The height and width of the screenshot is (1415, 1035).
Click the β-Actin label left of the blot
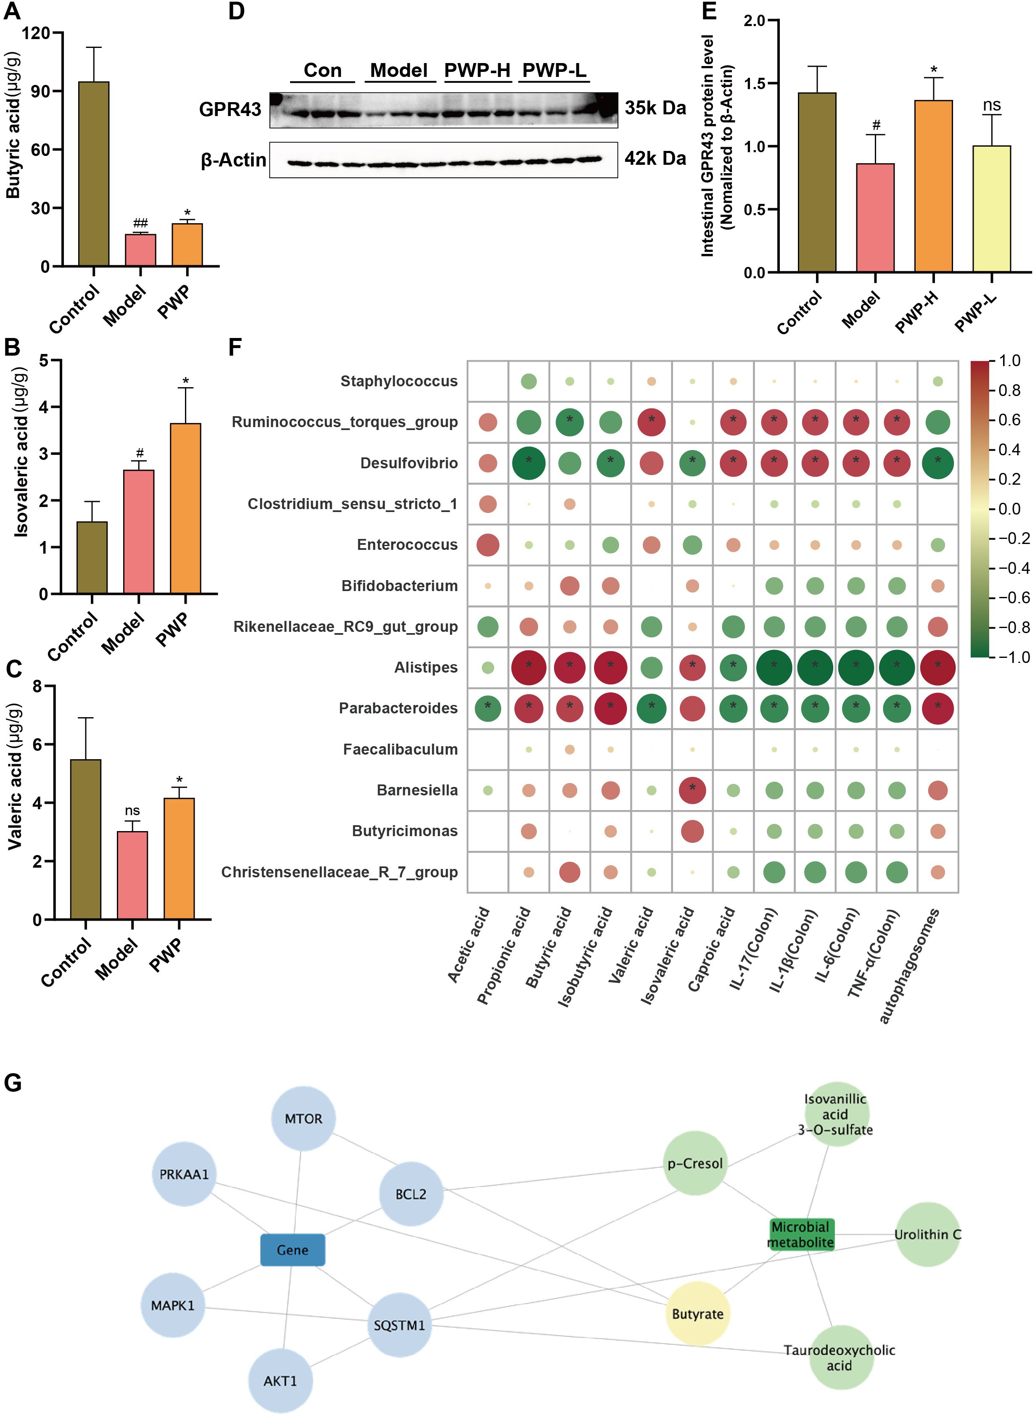pos(233,160)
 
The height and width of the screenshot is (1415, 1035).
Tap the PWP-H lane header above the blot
pos(478,70)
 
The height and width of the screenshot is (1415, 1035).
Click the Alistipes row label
pos(425,667)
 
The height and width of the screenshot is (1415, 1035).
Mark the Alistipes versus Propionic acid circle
pos(529,667)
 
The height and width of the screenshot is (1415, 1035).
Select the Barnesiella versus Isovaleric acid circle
pos(692,790)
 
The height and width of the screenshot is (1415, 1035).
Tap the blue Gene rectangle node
pos(293,1250)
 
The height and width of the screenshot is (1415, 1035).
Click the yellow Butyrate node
pos(697,1314)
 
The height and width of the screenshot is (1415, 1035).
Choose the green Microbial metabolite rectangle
pos(801,1234)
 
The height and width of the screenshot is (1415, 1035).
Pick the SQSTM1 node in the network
pos(399,1325)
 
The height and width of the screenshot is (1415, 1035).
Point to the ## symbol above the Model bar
pos(140,223)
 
